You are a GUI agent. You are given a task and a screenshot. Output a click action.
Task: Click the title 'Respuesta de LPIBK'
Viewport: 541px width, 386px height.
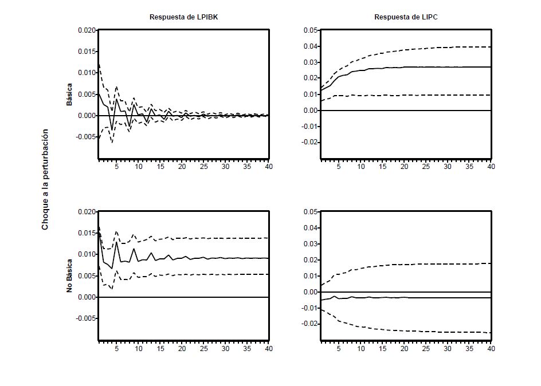click(183, 17)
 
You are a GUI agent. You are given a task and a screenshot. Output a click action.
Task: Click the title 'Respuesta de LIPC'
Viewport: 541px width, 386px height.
click(406, 17)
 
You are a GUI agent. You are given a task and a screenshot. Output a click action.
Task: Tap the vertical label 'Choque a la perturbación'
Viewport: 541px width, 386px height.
click(45, 179)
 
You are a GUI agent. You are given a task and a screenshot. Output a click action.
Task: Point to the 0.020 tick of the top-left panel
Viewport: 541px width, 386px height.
click(87, 30)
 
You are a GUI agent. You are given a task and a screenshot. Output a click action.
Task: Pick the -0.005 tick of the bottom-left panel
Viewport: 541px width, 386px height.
click(85, 318)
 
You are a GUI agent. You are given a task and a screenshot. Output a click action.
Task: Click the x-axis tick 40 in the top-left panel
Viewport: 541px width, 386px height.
click(268, 167)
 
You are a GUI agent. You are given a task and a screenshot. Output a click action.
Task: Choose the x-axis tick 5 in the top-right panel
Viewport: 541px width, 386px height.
click(339, 167)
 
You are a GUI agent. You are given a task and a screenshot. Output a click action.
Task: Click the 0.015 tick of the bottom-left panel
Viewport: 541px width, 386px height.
click(87, 233)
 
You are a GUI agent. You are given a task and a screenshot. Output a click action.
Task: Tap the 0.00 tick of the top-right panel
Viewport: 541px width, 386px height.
click(311, 111)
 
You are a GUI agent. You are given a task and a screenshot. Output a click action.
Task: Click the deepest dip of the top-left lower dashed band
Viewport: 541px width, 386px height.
click(112, 141)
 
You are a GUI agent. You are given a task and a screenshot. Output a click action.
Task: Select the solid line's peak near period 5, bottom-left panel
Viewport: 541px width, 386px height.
click(116, 242)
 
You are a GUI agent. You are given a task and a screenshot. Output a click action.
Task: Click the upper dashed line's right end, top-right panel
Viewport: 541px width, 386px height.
click(491, 47)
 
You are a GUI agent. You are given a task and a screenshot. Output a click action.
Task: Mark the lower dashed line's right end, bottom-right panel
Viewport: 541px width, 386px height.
click(491, 333)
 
